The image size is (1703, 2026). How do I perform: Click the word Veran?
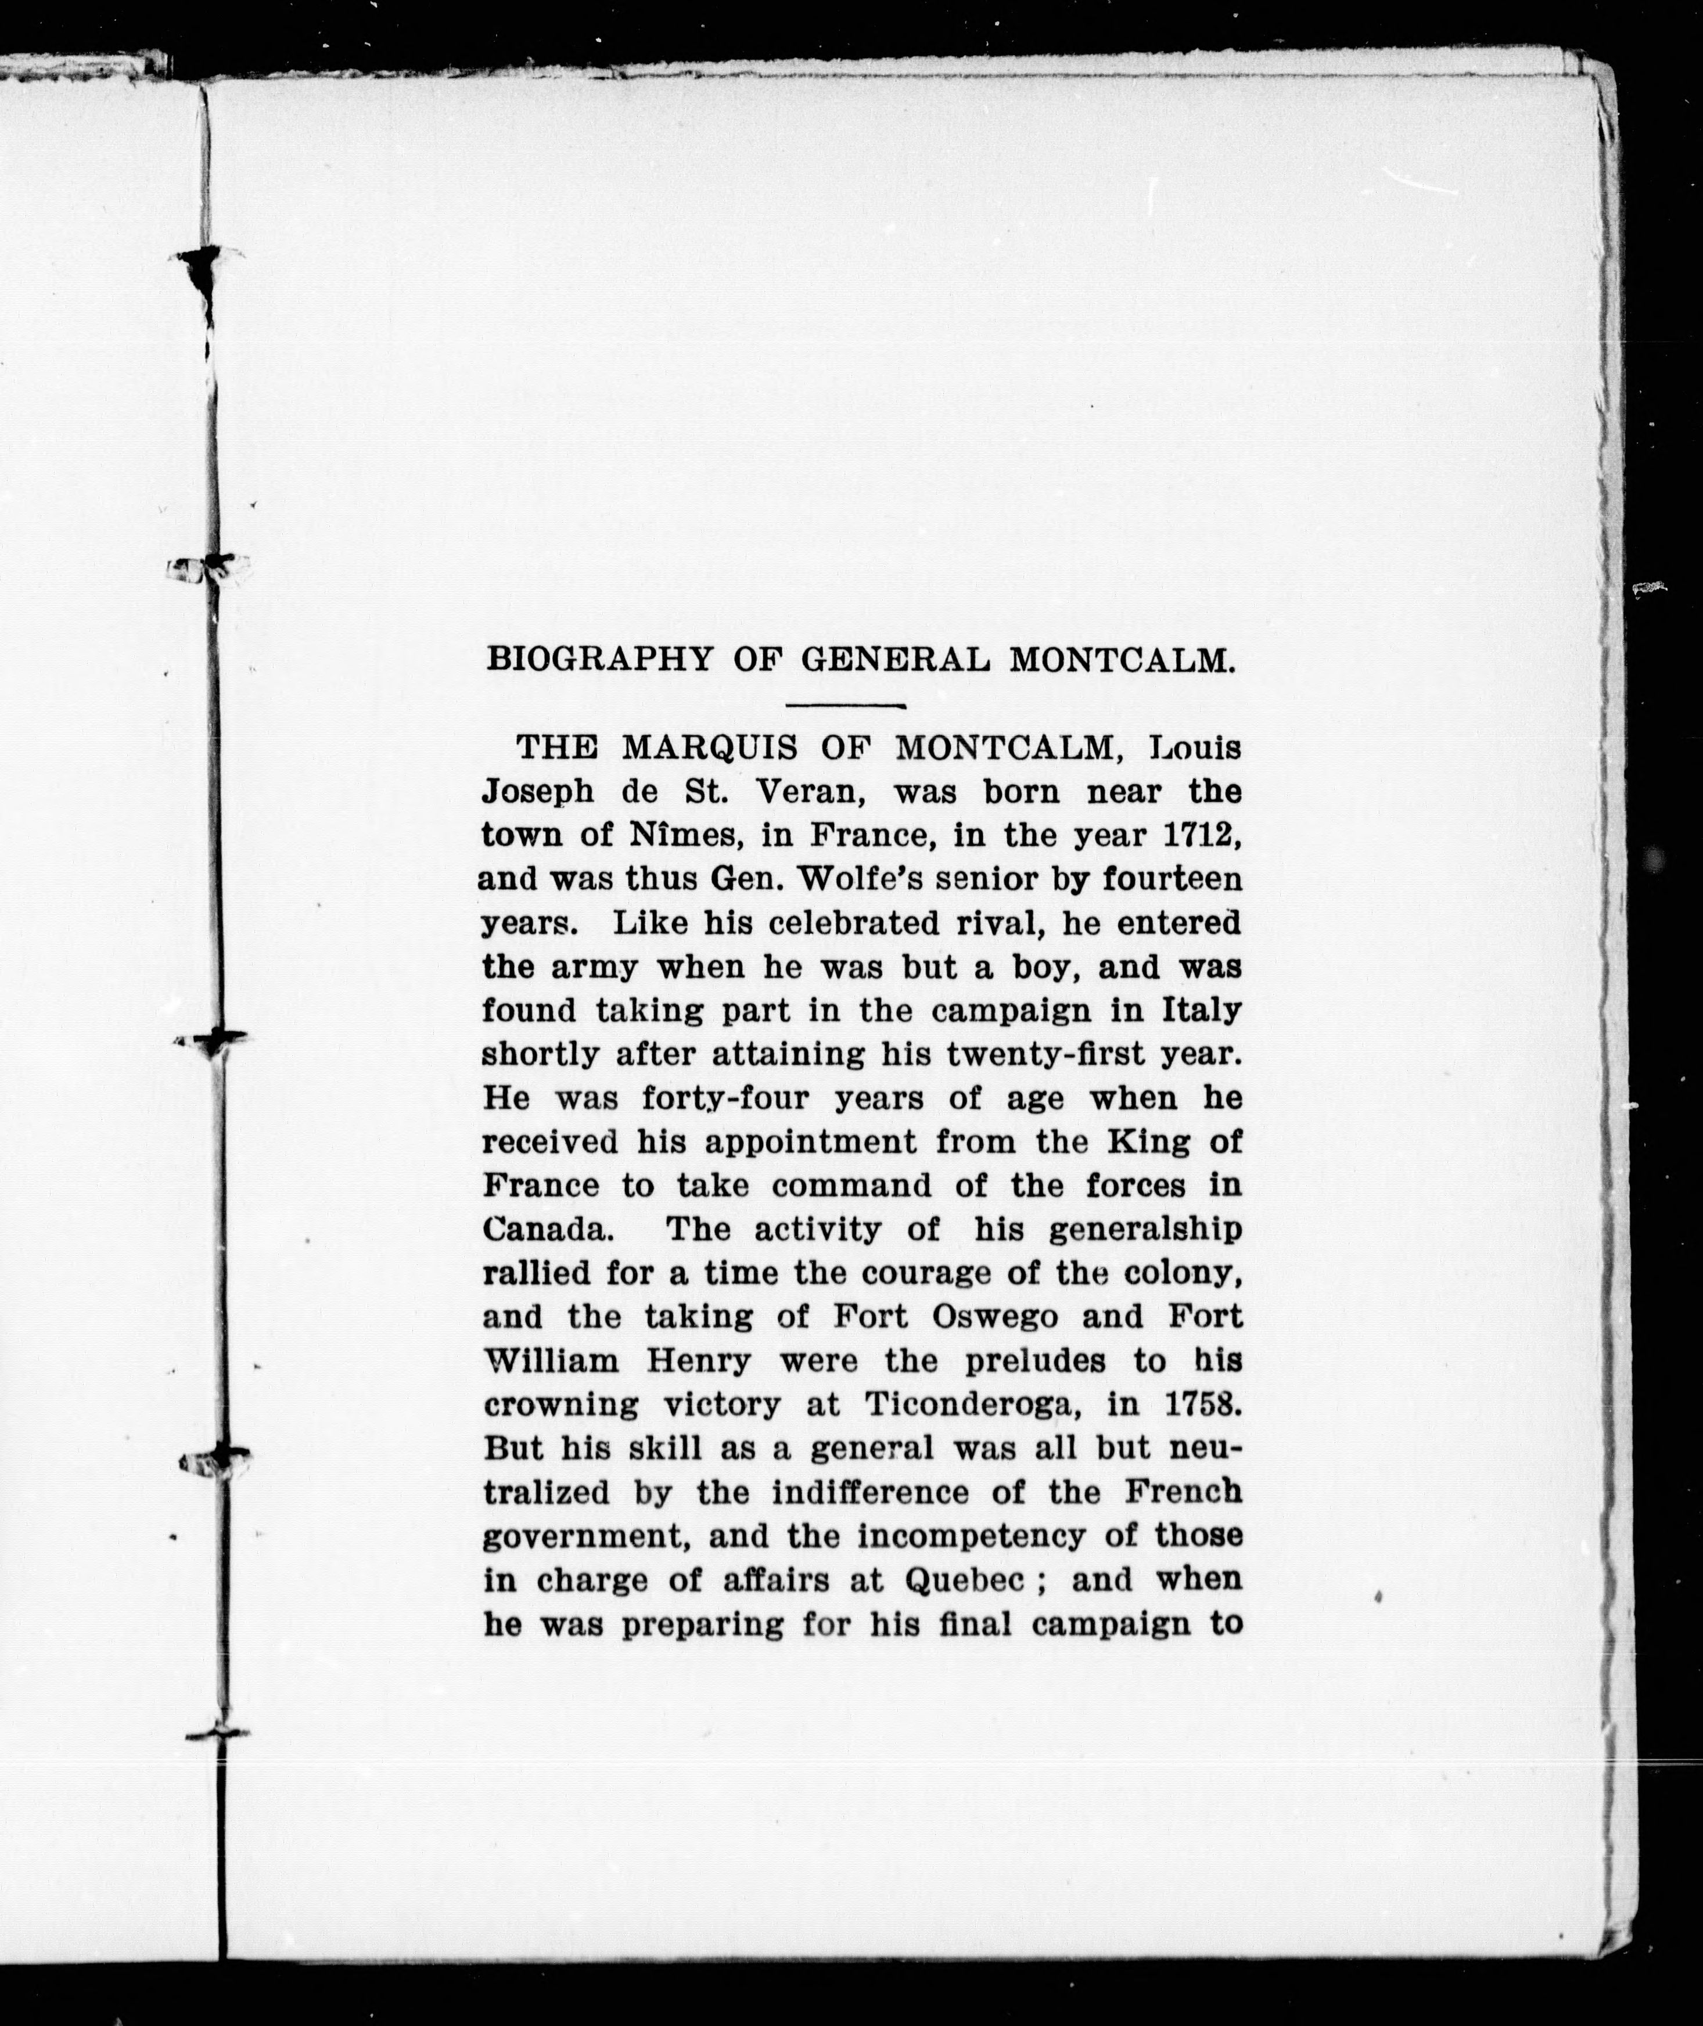(808, 792)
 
